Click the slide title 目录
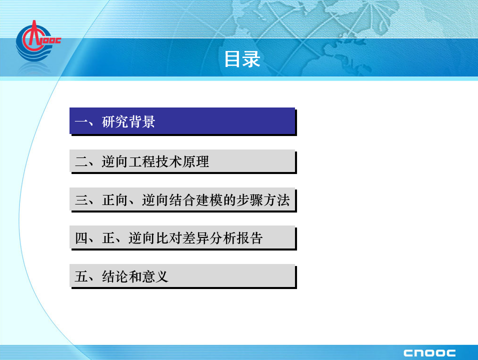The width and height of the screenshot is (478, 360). click(242, 59)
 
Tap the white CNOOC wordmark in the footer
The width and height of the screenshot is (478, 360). click(429, 353)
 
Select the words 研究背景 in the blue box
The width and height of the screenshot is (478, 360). click(128, 121)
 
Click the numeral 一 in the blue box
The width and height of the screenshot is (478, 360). click(81, 122)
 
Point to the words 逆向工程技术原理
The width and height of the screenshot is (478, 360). click(155, 161)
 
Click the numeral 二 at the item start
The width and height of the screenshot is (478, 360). click(81, 161)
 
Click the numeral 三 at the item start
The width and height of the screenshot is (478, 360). click(81, 200)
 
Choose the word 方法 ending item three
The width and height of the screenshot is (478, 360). click(276, 200)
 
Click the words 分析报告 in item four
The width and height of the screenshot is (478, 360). click(236, 238)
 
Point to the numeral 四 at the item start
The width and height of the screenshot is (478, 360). click(81, 238)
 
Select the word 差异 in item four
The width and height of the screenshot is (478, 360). click(195, 238)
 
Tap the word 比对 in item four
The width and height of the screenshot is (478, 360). click(169, 238)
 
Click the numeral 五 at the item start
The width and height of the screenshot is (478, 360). click(81, 276)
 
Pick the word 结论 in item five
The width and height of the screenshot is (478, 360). click(115, 276)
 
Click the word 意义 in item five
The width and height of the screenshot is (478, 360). click(155, 276)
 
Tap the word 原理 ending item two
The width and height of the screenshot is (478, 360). click(195, 161)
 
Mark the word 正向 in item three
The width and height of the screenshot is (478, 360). click(115, 200)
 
